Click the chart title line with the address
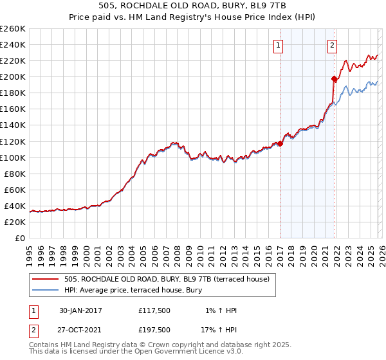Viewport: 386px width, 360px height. tap(193, 6)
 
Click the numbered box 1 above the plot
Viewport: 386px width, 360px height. tap(279, 45)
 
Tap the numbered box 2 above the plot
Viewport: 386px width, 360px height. tap(332, 45)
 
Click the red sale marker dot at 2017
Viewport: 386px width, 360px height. tap(280, 143)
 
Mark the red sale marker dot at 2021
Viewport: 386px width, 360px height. tap(335, 79)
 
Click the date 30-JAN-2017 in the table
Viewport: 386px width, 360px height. tap(80, 310)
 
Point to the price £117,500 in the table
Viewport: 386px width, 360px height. tap(154, 310)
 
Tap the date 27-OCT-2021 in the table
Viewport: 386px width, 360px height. tap(80, 330)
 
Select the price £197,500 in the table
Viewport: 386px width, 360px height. tap(154, 330)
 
